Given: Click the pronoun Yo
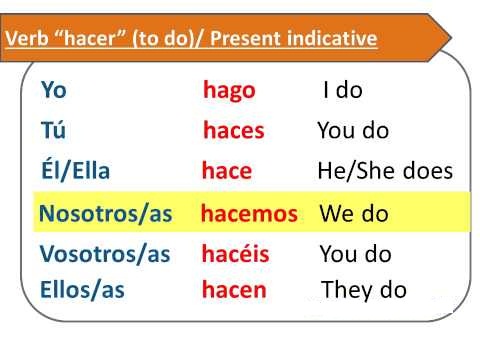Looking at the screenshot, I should (x=55, y=90).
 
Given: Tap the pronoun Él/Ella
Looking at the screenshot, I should (x=76, y=171).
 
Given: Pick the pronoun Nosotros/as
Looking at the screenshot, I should (x=104, y=214).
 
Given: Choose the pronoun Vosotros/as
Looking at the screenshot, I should (x=106, y=254).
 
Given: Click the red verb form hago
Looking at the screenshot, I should (x=229, y=91).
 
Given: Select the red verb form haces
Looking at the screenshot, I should (x=234, y=131).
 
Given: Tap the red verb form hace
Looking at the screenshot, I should (x=227, y=171).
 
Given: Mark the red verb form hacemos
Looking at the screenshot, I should (x=249, y=214).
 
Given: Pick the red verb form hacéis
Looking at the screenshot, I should (x=236, y=254).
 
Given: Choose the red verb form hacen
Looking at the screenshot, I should (x=234, y=290).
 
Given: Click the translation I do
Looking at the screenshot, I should (x=342, y=90).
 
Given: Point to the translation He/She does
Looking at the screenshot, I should (x=384, y=171).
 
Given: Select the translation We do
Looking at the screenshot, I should (x=353, y=214).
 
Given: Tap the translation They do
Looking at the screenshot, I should (x=364, y=290).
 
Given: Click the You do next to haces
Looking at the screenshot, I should (x=353, y=131).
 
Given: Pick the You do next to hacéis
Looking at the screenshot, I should (x=355, y=254).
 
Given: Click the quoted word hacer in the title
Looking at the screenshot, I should (x=81, y=40).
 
